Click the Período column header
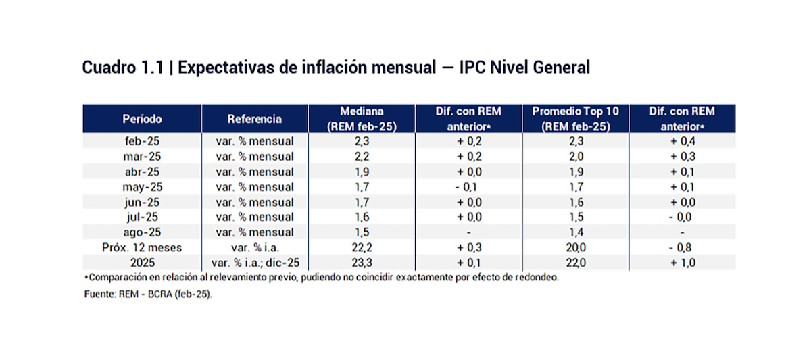coord(142,119)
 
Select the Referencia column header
coord(255,119)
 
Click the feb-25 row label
coord(142,142)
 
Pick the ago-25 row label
coord(142,232)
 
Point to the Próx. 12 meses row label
coord(142,247)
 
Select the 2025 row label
coord(142,262)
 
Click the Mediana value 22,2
coord(362,247)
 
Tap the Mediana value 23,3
coord(362,262)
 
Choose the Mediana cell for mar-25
coord(362,157)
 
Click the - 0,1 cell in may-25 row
coord(468,187)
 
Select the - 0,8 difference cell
coord(682,247)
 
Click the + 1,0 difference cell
coord(682,262)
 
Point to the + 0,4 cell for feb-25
coord(682,142)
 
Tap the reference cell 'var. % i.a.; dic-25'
coord(255,262)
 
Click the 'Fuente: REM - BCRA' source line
coord(148,294)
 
